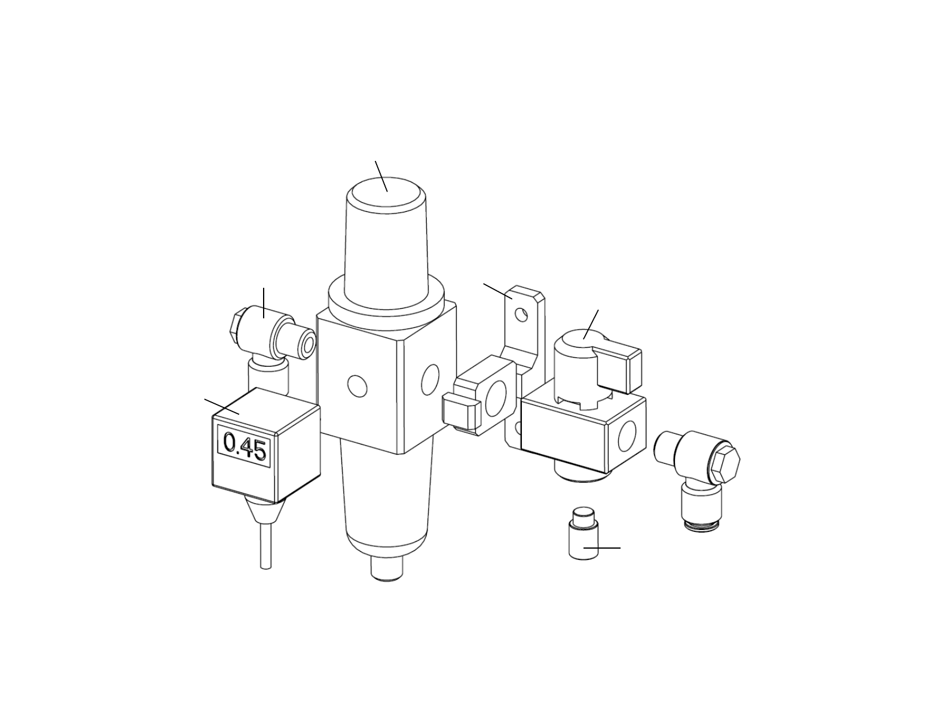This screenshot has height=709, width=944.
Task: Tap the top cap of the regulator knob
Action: coord(386,194)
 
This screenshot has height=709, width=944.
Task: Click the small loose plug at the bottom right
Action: coord(583,533)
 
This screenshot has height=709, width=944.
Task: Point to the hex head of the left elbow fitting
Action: coord(237,325)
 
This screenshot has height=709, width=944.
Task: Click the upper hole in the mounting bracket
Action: coord(522,315)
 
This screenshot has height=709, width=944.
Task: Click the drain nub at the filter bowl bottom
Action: coord(387,569)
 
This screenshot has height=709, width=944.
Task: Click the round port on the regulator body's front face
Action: coord(358,386)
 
